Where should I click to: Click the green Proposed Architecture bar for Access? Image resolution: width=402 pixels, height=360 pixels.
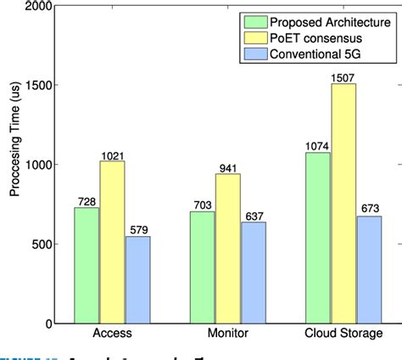coord(87,265)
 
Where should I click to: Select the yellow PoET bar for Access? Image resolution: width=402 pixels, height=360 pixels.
coord(112,242)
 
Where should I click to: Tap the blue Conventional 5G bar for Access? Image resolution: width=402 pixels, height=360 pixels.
coord(137,279)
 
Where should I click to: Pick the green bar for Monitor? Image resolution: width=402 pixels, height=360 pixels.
coord(203,267)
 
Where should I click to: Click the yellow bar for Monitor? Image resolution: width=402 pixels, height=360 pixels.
coord(227,248)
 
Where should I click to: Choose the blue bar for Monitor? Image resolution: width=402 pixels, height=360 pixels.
coord(252,273)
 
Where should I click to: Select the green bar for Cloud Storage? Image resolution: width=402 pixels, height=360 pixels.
coord(318,238)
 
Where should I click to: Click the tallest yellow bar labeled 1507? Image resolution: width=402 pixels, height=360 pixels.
coord(343,203)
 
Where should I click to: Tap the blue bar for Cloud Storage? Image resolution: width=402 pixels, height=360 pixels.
coord(368,269)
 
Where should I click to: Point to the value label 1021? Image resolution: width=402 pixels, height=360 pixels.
coord(112,155)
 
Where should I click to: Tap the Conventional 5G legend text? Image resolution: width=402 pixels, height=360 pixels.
coord(321,55)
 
